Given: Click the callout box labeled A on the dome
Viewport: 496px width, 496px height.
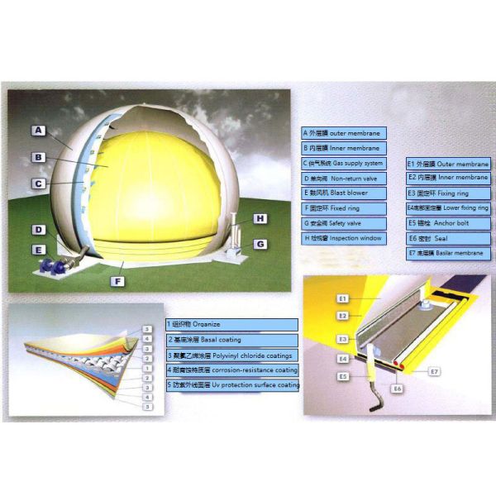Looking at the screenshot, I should coord(38,130).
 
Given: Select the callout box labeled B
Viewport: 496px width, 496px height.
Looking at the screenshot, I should coord(38,156).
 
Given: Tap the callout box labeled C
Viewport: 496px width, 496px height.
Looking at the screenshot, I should coord(38,184).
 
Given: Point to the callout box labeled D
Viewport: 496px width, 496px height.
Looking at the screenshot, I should coord(38,230).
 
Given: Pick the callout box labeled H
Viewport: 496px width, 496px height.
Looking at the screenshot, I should coord(260,218).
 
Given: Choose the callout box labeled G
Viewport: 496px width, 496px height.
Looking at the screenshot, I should coord(260,244).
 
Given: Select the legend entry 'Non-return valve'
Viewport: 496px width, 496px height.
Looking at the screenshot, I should coord(344,179).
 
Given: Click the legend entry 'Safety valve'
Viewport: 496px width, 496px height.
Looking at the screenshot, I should coord(344,223).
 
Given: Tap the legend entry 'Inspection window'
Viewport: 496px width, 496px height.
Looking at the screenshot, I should coord(344,238).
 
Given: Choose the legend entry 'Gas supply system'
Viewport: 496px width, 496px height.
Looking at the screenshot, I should coord(344,164).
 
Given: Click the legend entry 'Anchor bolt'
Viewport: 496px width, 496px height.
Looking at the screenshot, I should coord(447,223).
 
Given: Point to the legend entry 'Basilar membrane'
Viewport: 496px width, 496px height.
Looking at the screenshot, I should coord(447,253).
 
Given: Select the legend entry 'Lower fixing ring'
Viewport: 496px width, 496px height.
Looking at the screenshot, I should coord(447,208).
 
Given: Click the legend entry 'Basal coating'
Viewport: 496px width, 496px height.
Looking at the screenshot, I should coord(231,340).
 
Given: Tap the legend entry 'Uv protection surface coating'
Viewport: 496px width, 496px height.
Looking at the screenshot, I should coord(231,384).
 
